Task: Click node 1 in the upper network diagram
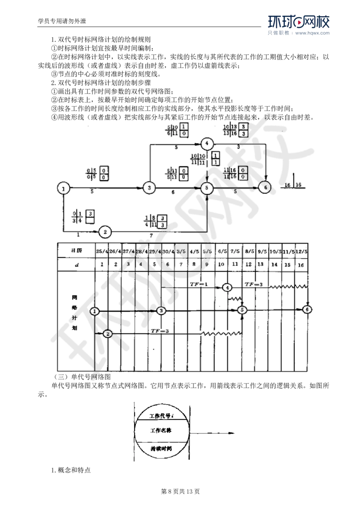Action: tap(64, 188)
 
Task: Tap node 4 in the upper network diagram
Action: tap(207, 144)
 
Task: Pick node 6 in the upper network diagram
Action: tap(265, 187)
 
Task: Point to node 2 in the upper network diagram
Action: tap(105, 232)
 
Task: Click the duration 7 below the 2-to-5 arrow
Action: tap(152, 236)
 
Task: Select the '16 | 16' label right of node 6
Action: tap(293, 185)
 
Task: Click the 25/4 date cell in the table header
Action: tap(102, 251)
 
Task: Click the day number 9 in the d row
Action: tap(207, 265)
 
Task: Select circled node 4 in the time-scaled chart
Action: tap(228, 287)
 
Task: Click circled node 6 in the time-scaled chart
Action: tap(307, 309)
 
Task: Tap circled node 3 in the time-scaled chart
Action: tap(162, 310)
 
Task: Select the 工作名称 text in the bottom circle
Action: tap(162, 430)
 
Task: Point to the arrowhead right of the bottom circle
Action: tap(233, 433)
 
